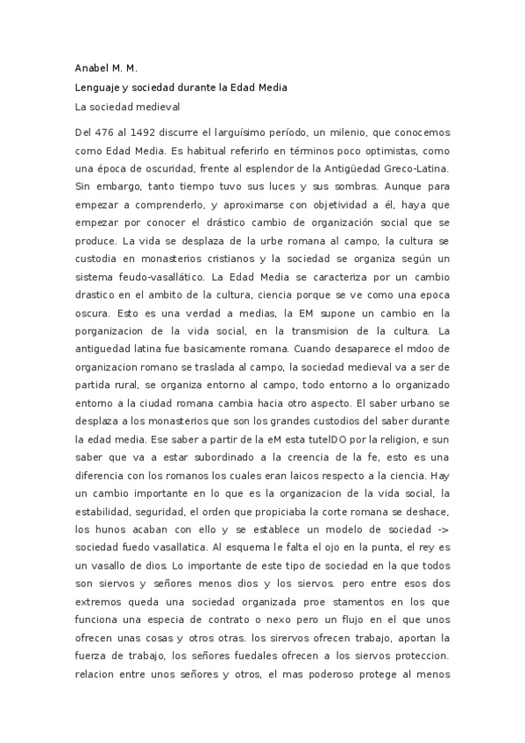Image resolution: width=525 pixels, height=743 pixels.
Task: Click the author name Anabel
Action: (94, 67)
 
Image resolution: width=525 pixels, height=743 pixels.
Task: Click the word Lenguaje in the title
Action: (100, 88)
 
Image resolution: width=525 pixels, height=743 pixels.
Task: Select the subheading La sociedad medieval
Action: (127, 108)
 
